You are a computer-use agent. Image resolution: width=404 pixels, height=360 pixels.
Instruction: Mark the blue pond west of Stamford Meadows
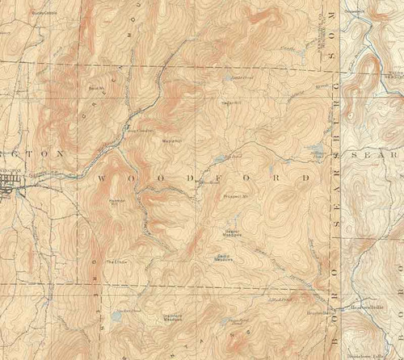(x=116, y=316)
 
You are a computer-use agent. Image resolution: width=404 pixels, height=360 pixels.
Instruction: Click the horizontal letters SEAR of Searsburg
(x=375, y=153)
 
